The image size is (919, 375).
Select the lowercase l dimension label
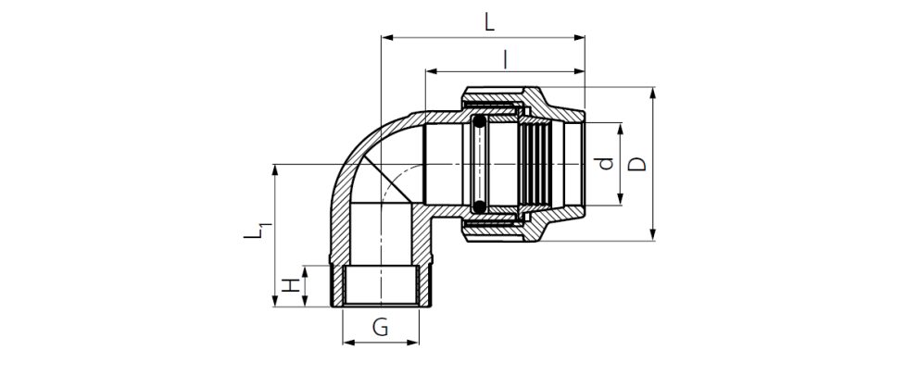[x=504, y=59]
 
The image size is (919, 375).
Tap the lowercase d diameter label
[x=606, y=164]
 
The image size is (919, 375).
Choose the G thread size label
[x=381, y=326]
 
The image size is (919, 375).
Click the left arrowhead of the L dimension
[x=387, y=38]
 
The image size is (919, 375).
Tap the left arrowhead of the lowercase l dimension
[x=431, y=72]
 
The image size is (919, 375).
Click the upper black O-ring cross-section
[x=480, y=123]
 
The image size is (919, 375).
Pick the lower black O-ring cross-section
[x=480, y=205]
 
